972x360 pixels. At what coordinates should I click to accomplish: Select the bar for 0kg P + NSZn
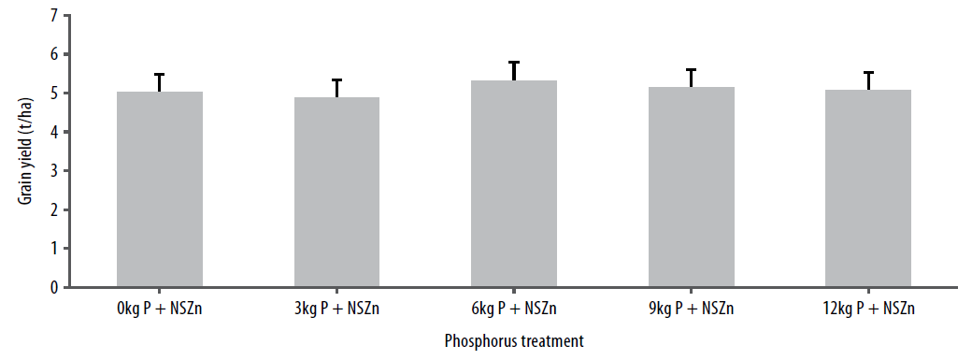point(160,189)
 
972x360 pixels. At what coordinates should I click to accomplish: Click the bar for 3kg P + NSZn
point(337,192)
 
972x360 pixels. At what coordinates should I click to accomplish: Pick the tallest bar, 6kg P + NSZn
point(514,183)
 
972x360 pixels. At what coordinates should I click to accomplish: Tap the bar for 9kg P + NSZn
point(692,187)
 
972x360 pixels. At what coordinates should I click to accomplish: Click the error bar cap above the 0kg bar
point(160,74)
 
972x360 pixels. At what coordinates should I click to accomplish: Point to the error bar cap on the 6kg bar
point(514,62)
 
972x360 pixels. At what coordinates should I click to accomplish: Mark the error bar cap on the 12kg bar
point(868,72)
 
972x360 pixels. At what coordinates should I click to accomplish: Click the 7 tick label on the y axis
point(52,16)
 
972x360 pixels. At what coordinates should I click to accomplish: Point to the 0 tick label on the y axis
point(52,287)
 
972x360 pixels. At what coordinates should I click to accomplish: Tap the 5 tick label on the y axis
point(52,94)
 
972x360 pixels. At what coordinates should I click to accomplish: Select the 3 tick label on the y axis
point(52,171)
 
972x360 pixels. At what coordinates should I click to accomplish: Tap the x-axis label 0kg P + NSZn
point(160,309)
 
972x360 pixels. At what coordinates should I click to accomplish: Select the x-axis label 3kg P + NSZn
point(337,309)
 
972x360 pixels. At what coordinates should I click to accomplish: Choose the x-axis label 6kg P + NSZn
point(514,309)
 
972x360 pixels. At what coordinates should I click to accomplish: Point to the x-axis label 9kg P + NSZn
point(692,309)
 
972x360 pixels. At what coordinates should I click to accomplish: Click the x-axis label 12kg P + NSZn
point(868,309)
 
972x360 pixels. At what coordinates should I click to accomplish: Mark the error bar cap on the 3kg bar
point(337,79)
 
